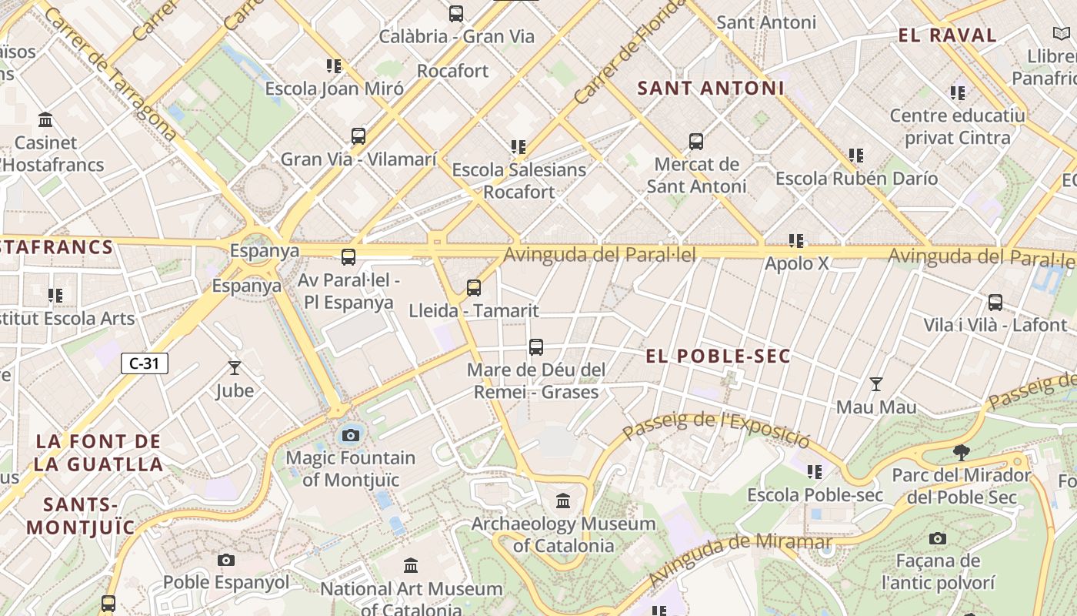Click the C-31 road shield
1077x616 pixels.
tap(144, 363)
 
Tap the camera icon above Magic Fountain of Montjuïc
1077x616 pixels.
tap(351, 435)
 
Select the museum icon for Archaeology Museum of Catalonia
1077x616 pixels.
tap(563, 501)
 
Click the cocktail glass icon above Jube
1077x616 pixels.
tap(235, 368)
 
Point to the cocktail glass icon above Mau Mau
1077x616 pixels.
tap(875, 384)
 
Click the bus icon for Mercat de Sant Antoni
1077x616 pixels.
tap(696, 142)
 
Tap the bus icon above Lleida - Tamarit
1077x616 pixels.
tap(474, 288)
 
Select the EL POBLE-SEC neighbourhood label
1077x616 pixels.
tap(719, 356)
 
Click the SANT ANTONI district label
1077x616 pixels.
tap(711, 88)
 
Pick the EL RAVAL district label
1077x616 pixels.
tap(947, 35)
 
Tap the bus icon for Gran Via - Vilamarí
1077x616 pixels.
tap(358, 136)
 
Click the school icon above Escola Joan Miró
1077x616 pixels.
tap(333, 65)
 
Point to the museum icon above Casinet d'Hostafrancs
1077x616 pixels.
tap(45, 120)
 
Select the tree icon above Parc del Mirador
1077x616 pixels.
tap(961, 452)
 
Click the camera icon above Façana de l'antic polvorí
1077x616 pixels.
tap(937, 538)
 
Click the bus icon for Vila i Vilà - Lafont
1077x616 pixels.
tap(995, 302)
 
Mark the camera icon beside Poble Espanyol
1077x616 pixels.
tap(225, 560)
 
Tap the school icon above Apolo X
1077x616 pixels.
tap(796, 241)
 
